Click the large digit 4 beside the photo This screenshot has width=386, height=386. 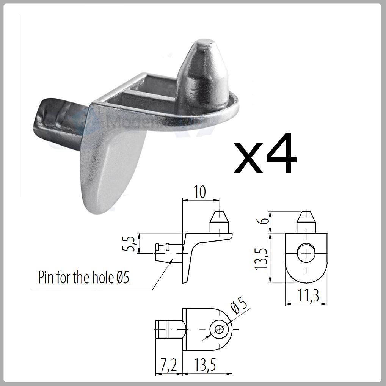[278, 154]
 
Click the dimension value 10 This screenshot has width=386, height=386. [200, 192]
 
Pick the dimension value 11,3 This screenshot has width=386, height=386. [306, 297]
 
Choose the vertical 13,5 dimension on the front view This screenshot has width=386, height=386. [261, 258]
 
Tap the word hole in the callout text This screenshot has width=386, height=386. [102, 278]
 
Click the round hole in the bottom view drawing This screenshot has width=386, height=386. [219, 329]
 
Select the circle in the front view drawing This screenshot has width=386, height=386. [306, 253]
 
